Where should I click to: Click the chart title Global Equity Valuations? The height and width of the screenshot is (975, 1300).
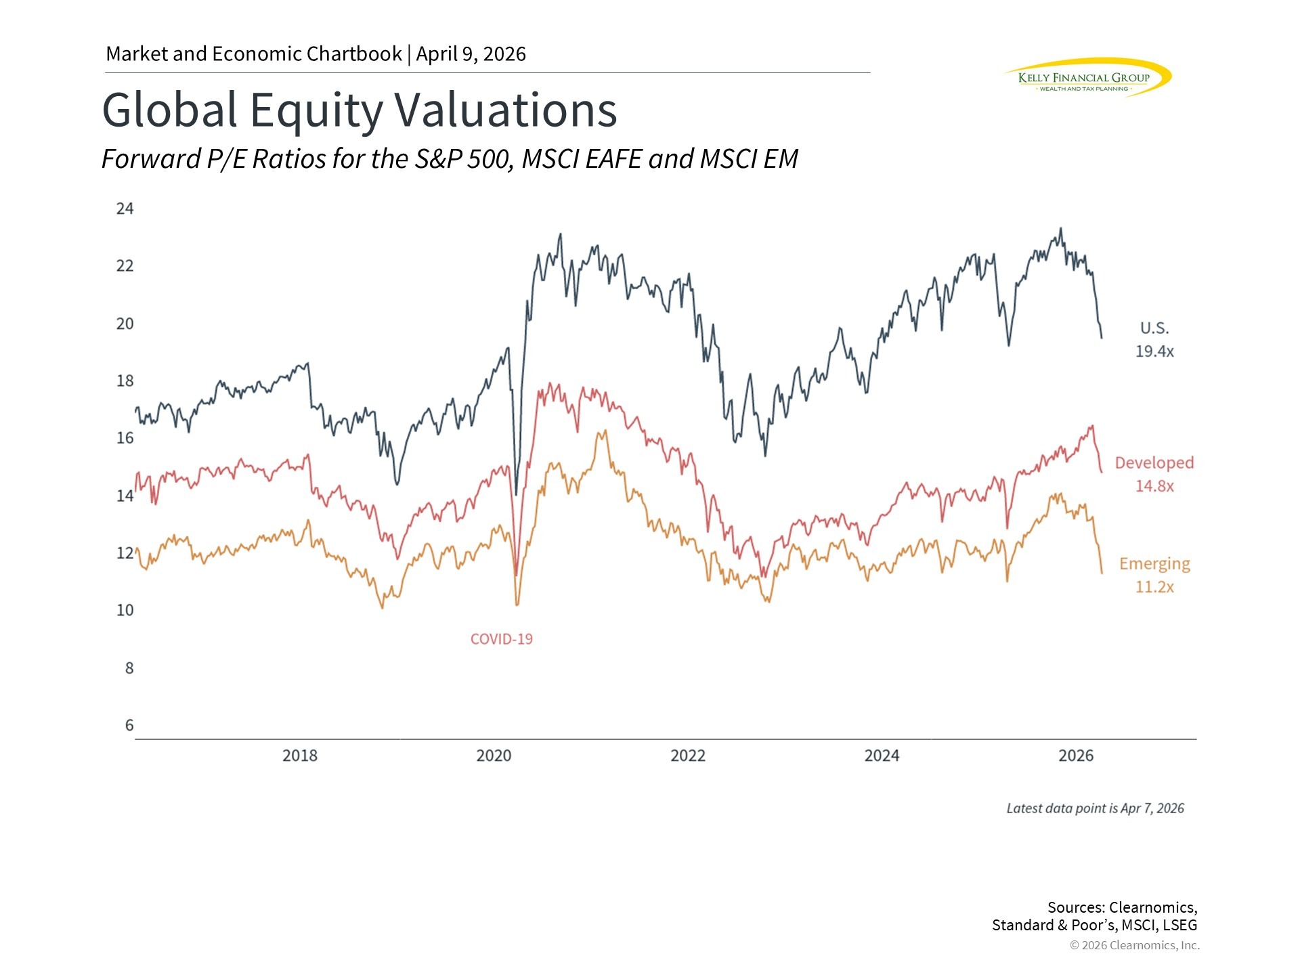click(359, 110)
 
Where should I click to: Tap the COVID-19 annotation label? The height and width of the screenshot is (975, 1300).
click(501, 639)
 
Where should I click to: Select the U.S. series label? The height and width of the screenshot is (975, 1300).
click(1154, 328)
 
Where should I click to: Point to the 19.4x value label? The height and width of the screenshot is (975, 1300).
click(1154, 351)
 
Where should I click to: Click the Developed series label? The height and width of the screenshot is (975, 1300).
click(1154, 462)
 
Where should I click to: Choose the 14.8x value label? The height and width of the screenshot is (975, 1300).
click(1154, 486)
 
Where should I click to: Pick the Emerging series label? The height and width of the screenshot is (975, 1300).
click(1154, 563)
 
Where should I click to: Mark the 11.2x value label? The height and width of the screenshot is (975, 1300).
click(1154, 587)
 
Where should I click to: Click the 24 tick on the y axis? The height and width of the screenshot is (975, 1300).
click(125, 209)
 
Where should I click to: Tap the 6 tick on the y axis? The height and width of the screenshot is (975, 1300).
click(129, 725)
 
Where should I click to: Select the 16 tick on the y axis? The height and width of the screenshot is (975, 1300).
click(125, 438)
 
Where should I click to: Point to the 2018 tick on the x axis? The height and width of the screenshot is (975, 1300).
click(300, 756)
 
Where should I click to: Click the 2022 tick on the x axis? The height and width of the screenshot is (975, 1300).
click(688, 756)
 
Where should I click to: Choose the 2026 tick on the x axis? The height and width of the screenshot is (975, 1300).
click(1076, 756)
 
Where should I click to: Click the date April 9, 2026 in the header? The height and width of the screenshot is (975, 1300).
click(471, 54)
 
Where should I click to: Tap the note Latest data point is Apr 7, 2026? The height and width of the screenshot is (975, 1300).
click(1095, 808)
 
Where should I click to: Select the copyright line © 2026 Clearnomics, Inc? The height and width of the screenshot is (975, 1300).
click(1135, 945)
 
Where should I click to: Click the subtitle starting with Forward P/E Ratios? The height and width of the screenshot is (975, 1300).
click(450, 159)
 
